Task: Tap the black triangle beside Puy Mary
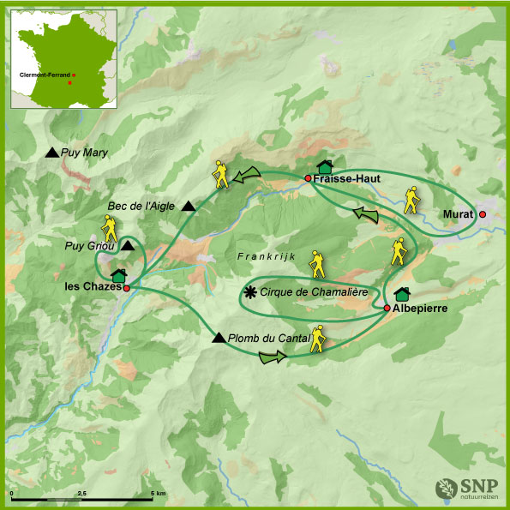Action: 52,153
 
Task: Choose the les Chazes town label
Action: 93,288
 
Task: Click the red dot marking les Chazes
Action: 126,289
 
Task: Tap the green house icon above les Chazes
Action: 118,276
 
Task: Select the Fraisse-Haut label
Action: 342,178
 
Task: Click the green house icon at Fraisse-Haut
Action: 324,166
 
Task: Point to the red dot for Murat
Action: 483,214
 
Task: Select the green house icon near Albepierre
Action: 401,294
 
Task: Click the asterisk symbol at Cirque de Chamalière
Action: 249,292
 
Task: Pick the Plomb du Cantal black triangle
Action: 219,338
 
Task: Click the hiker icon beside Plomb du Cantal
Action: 319,339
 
